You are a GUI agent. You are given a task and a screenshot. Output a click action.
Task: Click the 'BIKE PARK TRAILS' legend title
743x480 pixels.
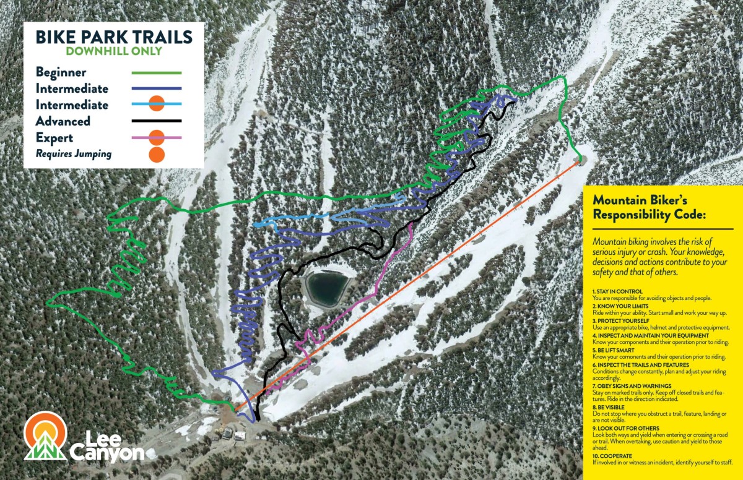(x=114, y=36)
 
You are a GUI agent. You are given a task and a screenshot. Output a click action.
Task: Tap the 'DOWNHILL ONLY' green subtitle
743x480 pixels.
(x=114, y=51)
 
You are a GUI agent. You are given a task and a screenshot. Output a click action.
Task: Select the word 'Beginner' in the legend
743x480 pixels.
(x=61, y=72)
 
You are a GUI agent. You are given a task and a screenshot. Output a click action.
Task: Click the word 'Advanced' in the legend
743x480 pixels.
(x=63, y=121)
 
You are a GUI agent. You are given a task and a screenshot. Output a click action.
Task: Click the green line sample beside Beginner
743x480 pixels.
(x=157, y=72)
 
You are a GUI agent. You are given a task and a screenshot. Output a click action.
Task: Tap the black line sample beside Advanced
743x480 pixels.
(x=157, y=121)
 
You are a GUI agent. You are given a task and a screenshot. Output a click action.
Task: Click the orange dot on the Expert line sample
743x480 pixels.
(x=157, y=137)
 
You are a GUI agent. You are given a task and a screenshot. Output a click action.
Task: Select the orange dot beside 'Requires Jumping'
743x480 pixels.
(x=157, y=155)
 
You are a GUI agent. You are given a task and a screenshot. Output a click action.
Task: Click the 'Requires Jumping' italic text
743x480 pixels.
(x=74, y=154)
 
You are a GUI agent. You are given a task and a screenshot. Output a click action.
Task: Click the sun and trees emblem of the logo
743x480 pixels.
(x=45, y=437)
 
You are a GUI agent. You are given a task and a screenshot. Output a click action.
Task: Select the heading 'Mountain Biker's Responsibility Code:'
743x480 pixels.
(x=641, y=208)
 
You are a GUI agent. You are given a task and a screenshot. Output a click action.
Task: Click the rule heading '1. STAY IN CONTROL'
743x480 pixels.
(x=617, y=291)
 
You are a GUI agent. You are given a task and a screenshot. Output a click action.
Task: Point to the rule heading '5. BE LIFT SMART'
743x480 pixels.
(x=615, y=350)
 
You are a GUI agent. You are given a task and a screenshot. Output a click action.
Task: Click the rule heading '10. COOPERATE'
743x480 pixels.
(x=612, y=456)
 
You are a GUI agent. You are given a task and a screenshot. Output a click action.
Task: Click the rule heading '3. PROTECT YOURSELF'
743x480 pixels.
(x=620, y=321)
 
